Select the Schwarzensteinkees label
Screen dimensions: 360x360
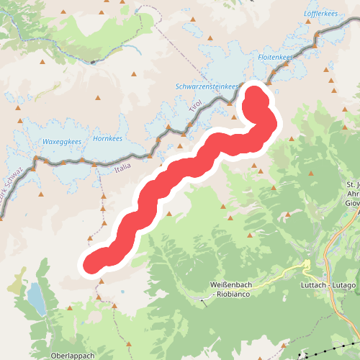[207, 86]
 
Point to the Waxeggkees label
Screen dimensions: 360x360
[61, 141]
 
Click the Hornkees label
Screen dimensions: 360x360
[108, 139]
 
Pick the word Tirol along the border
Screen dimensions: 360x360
[195, 106]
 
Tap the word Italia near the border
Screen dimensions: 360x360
[122, 168]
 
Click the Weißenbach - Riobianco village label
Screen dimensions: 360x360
[235, 289]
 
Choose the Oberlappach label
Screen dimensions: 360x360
[73, 356]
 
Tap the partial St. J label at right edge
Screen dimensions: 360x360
[353, 185]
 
